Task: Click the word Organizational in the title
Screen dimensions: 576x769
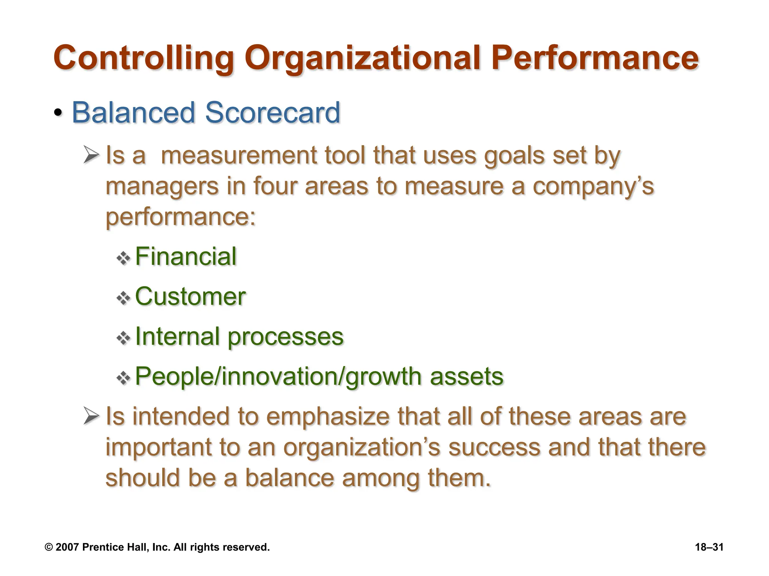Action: click(362, 58)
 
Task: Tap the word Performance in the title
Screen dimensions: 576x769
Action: click(595, 58)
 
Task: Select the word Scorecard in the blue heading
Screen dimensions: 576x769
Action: click(273, 112)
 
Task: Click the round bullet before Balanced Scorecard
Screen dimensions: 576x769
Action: click(58, 112)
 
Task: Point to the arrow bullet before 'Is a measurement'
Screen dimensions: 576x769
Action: click(91, 155)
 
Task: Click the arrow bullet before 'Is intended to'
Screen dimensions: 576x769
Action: click(91, 416)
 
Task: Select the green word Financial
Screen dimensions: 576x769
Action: click(186, 257)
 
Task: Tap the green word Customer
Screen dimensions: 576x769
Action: click(190, 297)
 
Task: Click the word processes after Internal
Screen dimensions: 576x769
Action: click(285, 337)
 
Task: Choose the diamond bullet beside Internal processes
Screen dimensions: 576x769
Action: click(123, 339)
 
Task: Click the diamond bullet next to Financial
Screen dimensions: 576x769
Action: click(123, 258)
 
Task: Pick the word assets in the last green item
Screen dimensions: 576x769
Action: click(466, 376)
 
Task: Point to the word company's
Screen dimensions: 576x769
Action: click(593, 186)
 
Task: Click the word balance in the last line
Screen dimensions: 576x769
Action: click(290, 478)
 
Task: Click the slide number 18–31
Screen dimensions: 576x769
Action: click(709, 547)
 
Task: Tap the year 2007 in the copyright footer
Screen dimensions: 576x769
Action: click(67, 547)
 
